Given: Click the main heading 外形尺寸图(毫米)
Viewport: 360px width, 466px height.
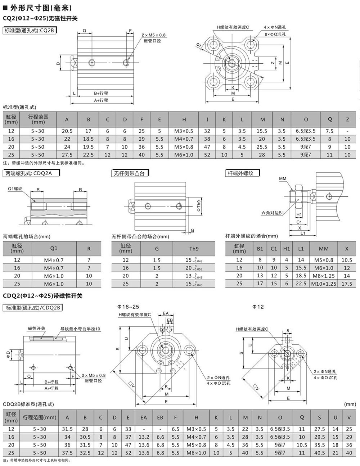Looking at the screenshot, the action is pyautogui.click(x=41, y=8).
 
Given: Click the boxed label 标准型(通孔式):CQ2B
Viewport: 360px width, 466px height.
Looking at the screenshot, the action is pyautogui.click(x=30, y=31).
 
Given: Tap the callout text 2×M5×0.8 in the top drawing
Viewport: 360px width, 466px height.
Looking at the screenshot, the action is pyautogui.click(x=153, y=35).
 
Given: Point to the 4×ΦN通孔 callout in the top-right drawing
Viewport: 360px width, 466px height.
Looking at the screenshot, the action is pyautogui.click(x=275, y=27).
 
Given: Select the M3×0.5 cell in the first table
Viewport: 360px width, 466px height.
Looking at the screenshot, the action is pyautogui.click(x=184, y=131).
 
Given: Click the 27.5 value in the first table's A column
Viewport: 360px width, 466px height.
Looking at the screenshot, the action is pyautogui.click(x=67, y=155).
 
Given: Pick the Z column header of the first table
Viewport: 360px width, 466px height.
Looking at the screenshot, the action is pyautogui.click(x=347, y=119).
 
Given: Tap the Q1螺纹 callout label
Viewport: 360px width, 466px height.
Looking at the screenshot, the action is pyautogui.click(x=15, y=189).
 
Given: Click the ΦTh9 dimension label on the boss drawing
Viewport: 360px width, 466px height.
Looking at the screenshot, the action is pyautogui.click(x=199, y=206).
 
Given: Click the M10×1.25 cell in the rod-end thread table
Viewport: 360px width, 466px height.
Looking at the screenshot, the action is pyautogui.click(x=324, y=284).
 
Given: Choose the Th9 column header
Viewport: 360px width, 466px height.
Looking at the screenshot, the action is pyautogui.click(x=194, y=249).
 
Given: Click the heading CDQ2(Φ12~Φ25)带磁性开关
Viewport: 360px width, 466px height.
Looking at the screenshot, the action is pyautogui.click(x=42, y=296).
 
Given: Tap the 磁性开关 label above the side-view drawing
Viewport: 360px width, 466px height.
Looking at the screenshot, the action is pyautogui.click(x=36, y=328).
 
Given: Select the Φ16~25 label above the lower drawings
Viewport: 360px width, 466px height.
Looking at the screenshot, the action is pyautogui.click(x=128, y=307).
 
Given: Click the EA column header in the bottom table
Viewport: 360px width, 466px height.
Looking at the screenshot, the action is pyautogui.click(x=144, y=417).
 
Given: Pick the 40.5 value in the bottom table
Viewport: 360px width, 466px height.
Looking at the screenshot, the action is pyautogui.click(x=319, y=453).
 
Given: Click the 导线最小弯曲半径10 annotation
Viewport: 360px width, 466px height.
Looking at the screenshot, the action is pyautogui.click(x=80, y=329).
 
